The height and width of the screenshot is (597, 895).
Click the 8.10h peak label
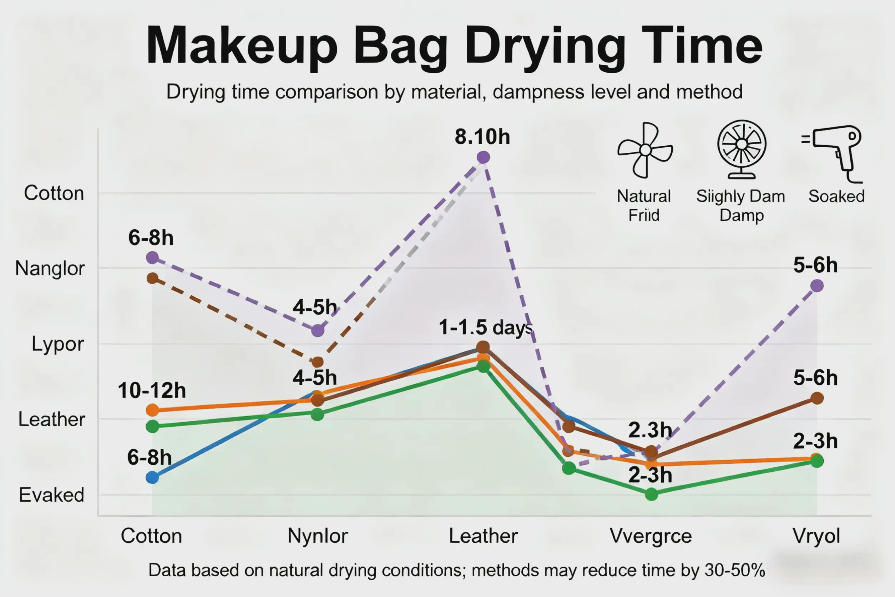pos(482,137)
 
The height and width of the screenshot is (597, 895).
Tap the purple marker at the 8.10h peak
pos(483,157)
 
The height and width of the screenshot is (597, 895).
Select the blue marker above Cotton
pos(152,477)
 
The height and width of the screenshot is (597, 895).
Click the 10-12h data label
pos(151,391)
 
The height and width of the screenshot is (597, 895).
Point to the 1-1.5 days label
pos(486,327)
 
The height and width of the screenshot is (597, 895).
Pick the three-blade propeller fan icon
pos(645,150)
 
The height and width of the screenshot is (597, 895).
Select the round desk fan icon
pos(742,149)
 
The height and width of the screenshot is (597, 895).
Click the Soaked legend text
pos(836,196)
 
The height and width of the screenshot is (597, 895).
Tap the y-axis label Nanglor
pos(50,269)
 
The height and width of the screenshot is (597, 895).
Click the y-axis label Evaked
pos(51,495)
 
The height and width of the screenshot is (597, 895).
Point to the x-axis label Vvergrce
pos(651,536)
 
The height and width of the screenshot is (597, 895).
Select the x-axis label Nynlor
pos(318,536)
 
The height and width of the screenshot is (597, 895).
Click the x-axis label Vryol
pos(816,536)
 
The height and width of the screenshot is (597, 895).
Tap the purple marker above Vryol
pos(817,286)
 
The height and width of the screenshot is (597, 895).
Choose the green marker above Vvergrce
pos(652,494)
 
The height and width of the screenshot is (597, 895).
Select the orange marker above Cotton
pos(152,410)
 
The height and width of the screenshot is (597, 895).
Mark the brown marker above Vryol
pos(817,398)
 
